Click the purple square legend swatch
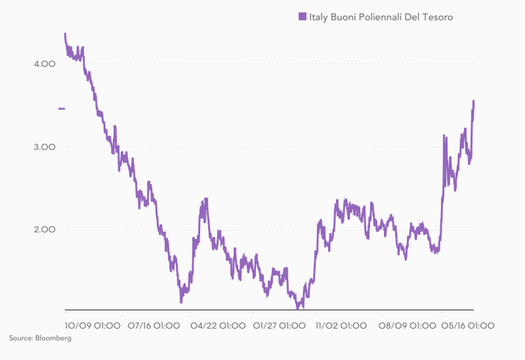point(303,17)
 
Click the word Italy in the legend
point(318,17)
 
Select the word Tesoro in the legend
point(437,17)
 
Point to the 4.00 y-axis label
point(44,64)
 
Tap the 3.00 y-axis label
point(44,147)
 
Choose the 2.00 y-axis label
point(44,230)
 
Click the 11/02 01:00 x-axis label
point(341,325)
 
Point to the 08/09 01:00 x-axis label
point(405,325)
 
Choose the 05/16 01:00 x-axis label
point(468,325)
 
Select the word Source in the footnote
point(20,339)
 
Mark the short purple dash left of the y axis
point(61,108)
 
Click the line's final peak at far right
point(474,101)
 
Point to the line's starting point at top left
point(65,33)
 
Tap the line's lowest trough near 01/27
point(300,307)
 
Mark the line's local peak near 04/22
point(206,199)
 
